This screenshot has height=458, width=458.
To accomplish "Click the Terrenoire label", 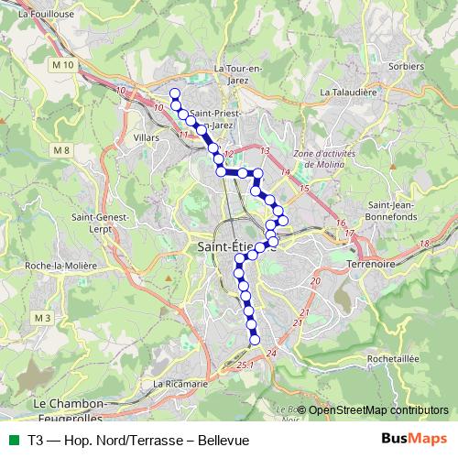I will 370,264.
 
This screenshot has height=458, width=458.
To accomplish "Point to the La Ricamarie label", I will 180,384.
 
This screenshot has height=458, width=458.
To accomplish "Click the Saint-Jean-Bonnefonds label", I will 392,210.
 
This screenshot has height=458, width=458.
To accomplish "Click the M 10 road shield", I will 62,66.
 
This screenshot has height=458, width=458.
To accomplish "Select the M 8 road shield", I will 61,150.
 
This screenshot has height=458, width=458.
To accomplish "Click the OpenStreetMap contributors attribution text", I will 377,410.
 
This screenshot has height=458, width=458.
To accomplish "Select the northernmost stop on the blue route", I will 174,93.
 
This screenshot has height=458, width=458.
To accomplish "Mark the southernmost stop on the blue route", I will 255,341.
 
